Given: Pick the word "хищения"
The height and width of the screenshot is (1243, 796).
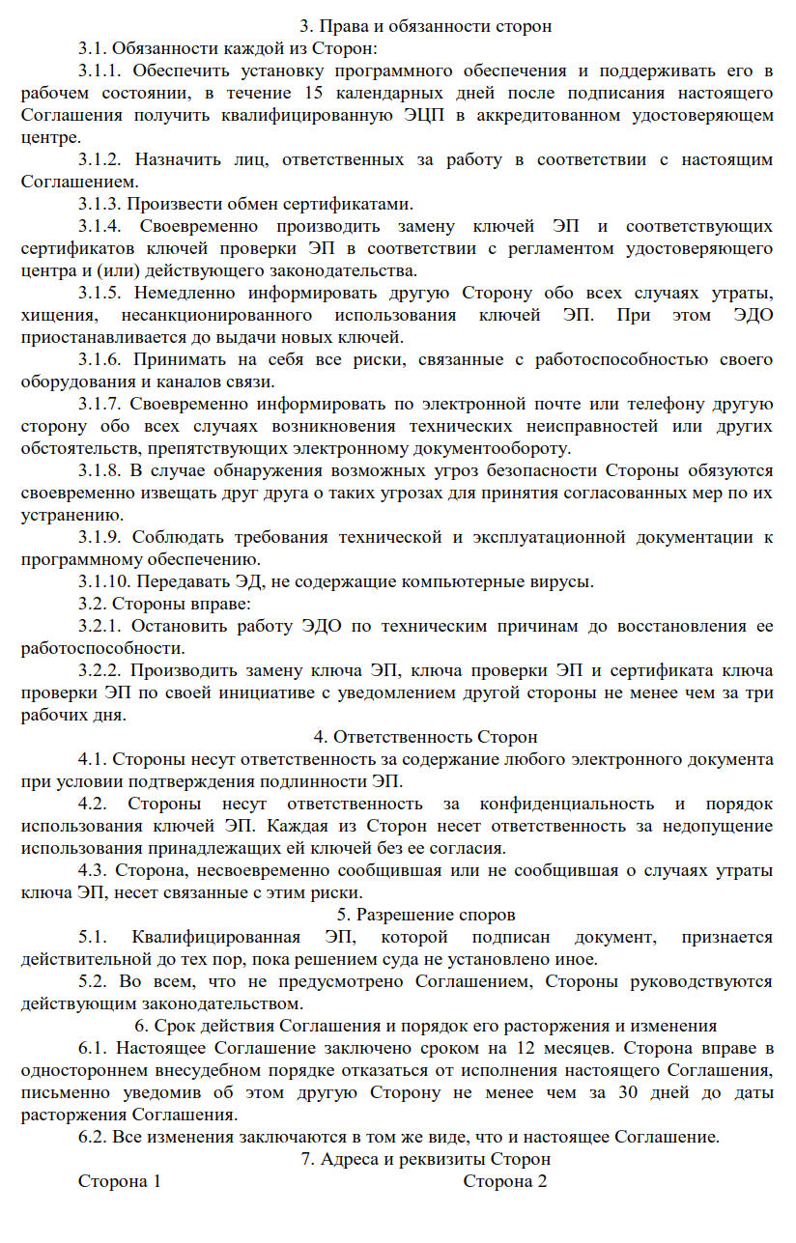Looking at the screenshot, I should (56, 315).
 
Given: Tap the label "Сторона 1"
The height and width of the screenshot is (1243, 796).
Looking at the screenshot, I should (119, 1181).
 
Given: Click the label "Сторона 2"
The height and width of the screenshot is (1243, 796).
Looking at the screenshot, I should (505, 1181).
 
